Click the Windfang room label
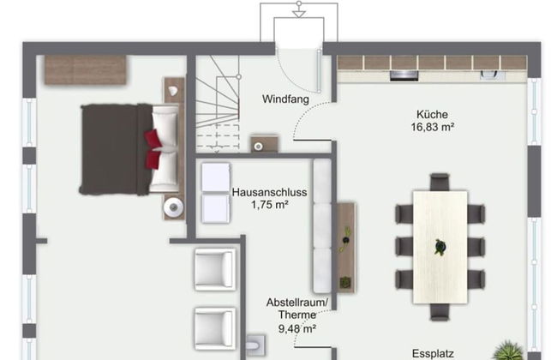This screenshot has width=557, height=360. (285, 99)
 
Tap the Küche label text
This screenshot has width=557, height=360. (432, 115)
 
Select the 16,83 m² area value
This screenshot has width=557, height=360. (432, 127)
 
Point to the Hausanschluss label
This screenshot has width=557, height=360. (269, 192)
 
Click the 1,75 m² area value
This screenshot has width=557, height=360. (269, 205)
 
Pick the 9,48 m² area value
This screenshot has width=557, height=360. (297, 329)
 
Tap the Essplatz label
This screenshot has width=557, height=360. (433, 354)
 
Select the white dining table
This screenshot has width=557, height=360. (440, 247)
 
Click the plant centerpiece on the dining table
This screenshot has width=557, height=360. (440, 247)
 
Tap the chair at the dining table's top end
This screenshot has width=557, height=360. (440, 182)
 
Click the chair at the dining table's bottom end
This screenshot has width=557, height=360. (440, 312)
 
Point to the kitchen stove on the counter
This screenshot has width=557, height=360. (404, 75)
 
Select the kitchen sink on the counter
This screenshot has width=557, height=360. (493, 75)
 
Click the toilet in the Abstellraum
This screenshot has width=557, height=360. (255, 345)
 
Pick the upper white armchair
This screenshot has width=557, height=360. (215, 269)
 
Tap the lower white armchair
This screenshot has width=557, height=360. (215, 328)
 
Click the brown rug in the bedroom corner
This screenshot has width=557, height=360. (86, 69)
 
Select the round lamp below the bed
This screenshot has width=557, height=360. (173, 207)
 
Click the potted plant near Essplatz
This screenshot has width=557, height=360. (509, 351)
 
